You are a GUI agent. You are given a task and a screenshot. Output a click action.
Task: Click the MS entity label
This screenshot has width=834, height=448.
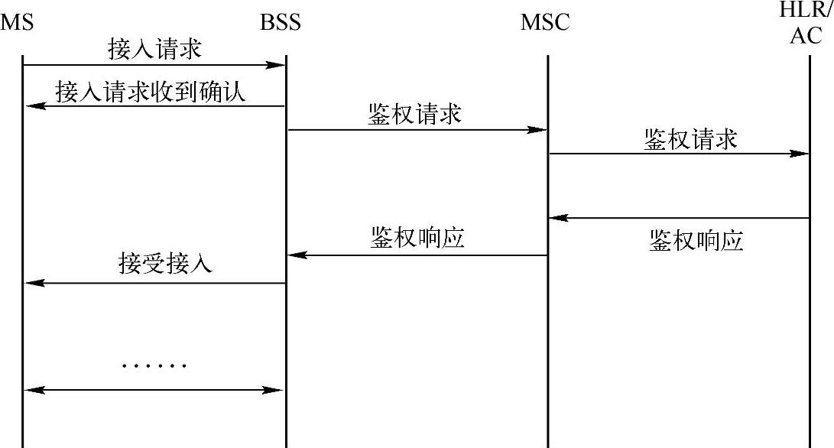coord(18,22)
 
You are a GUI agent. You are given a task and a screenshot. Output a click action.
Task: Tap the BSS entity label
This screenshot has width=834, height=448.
coord(281,22)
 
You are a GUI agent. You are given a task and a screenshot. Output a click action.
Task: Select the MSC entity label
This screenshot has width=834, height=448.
coord(545,22)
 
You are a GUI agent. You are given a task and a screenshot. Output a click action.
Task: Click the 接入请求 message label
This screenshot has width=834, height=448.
coord(155,50)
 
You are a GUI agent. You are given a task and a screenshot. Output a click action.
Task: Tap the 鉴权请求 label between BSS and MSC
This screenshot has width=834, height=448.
coord(415,115)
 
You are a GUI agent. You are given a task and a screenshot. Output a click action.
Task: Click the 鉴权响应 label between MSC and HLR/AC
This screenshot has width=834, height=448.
coord(696,241)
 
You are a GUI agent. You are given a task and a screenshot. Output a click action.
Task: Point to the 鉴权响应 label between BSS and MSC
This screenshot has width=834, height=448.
coord(417,239)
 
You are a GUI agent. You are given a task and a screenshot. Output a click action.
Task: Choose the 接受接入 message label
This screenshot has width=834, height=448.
coord(165,264)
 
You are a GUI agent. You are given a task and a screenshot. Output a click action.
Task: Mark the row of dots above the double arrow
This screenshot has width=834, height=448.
coord(154,366)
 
